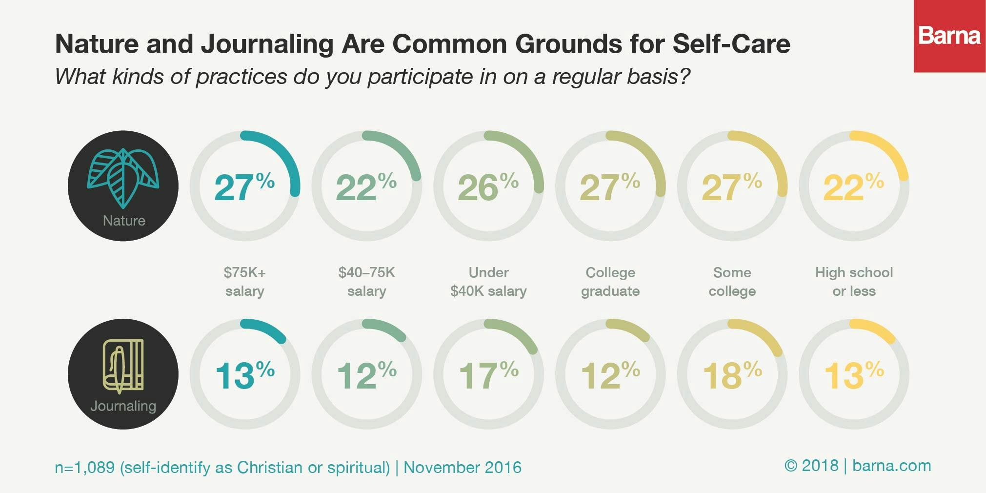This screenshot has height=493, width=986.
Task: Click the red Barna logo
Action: (949, 36)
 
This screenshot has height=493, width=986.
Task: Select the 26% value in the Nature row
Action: (488, 187)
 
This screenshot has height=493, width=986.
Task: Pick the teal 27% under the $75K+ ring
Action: (244, 187)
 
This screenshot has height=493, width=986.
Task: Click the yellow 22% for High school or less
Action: (853, 187)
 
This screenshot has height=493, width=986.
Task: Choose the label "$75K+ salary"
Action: (244, 282)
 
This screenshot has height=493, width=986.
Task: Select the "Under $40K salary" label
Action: (488, 282)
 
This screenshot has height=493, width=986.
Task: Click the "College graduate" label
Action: (610, 282)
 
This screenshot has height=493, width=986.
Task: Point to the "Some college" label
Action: (732, 282)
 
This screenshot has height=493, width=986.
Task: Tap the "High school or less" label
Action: (854, 282)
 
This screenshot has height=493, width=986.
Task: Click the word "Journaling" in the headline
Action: (267, 44)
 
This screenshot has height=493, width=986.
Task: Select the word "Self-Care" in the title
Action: (731, 44)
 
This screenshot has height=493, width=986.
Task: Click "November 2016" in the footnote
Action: (463, 468)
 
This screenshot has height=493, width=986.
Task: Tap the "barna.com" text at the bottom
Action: (891, 466)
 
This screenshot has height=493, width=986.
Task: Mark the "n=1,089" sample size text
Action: (84, 468)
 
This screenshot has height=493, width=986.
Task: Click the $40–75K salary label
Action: (366, 282)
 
